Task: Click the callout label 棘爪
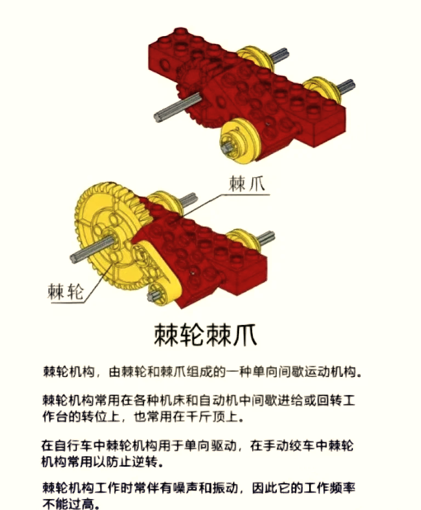[247, 184]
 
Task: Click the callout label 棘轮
[66, 291]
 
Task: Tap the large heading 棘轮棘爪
[206, 334]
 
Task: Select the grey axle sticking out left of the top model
[178, 107]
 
